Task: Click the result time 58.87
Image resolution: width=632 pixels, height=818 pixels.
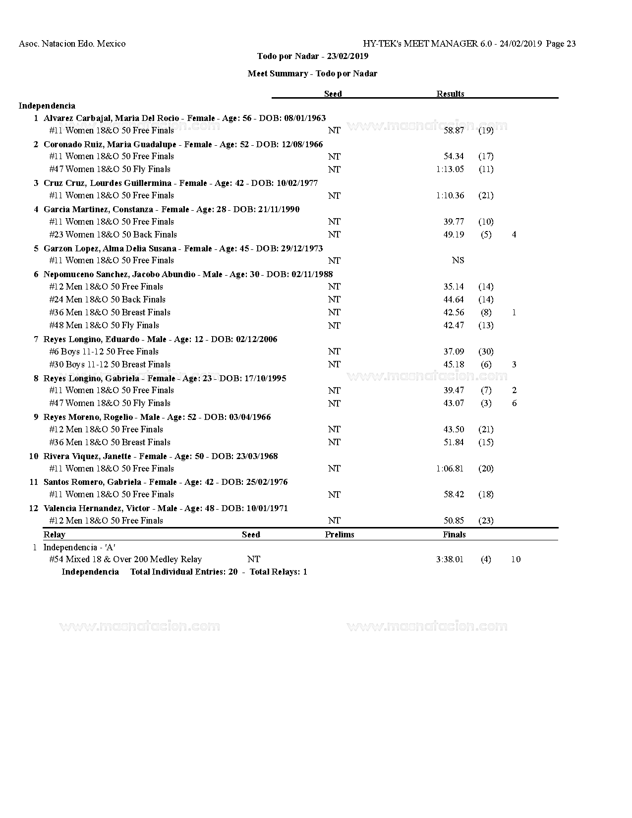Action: [454, 130]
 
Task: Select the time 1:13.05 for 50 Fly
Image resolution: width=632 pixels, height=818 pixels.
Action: [450, 169]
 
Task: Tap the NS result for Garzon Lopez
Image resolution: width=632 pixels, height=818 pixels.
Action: [458, 260]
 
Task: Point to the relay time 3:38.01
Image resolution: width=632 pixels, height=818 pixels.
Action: [450, 559]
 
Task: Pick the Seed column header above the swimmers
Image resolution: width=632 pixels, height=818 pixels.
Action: [333, 94]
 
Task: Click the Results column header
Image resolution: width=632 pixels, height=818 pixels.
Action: [450, 94]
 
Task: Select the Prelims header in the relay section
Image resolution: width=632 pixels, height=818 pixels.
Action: [340, 534]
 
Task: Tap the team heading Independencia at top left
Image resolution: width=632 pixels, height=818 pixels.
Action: [47, 106]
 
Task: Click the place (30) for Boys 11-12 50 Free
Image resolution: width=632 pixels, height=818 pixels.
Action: [486, 351]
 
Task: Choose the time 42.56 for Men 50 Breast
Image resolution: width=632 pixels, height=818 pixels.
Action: [454, 312]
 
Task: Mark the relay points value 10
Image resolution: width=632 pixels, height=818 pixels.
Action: [516, 559]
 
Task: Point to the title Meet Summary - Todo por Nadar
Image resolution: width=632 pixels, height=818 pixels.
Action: [312, 73]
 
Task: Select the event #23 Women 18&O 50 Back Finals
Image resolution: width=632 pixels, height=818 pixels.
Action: [113, 234]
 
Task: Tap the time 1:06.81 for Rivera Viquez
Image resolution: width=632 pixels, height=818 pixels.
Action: [450, 468]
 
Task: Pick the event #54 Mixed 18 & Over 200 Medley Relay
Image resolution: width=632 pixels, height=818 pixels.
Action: [125, 559]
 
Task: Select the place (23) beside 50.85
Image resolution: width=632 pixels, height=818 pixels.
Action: [486, 521]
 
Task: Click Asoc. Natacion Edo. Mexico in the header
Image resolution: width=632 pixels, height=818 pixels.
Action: [72, 44]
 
